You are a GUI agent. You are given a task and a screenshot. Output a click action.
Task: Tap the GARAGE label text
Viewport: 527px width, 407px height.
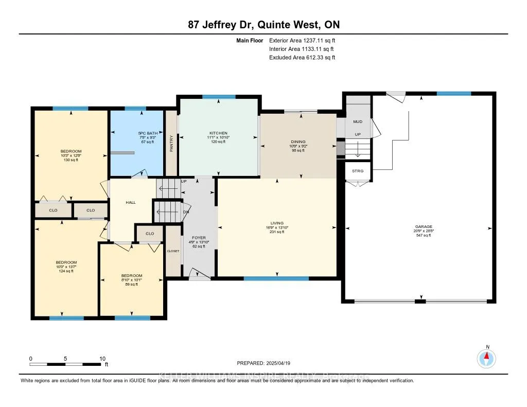tap(424, 226)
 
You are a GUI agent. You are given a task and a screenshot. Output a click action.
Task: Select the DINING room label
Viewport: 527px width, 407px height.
tap(298, 141)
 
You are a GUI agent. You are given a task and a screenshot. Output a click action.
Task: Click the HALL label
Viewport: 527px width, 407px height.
tap(131, 203)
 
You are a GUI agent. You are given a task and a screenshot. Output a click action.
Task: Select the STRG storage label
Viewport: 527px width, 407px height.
tap(358, 170)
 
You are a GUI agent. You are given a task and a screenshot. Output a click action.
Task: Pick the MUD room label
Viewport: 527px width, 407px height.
tap(358, 122)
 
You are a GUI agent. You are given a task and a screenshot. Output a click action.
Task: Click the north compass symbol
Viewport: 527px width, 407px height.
tap(487, 358)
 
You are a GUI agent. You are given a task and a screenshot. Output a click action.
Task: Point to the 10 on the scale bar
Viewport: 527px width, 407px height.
tap(102, 359)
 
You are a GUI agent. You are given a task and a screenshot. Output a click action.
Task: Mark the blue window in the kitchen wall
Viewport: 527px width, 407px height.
tap(219, 97)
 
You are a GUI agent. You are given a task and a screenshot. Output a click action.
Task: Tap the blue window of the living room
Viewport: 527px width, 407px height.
tap(276, 278)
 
